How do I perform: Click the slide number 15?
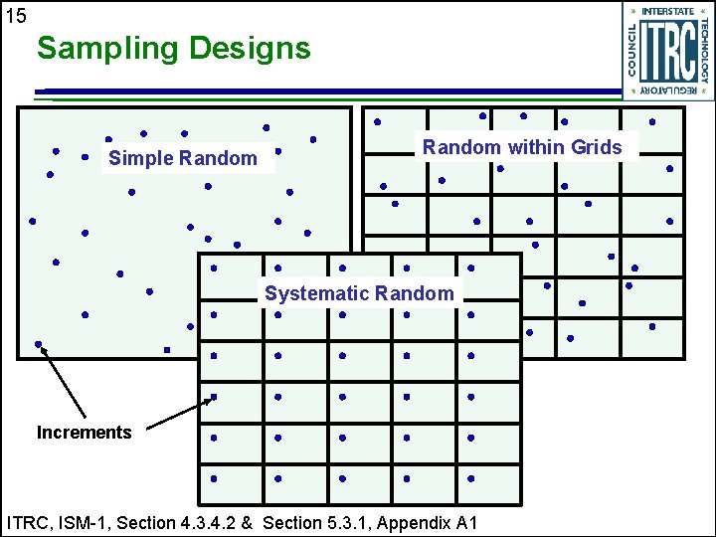pos(16,15)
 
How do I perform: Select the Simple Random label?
pos(183,158)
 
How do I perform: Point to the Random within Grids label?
pos(522,147)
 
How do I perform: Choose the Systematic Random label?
pos(359,293)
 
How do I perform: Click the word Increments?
pos(84,433)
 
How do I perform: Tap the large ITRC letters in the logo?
pos(667,52)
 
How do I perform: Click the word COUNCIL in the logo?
pos(633,52)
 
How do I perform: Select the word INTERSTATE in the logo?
pos(668,11)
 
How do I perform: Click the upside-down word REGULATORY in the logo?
pos(668,90)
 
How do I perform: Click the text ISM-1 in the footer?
pos(82,522)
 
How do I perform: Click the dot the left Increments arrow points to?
pos(39,345)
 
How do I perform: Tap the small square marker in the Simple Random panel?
pos(167,350)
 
